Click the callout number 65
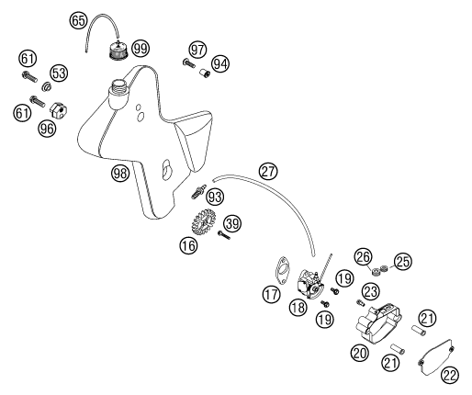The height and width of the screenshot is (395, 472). pyautogui.click(x=78, y=21)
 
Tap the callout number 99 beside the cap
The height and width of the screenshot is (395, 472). pyautogui.click(x=140, y=49)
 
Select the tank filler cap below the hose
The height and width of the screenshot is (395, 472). pyautogui.click(x=118, y=51)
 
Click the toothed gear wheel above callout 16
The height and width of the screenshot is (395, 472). pyautogui.click(x=203, y=221)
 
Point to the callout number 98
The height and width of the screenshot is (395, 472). pyautogui.click(x=120, y=174)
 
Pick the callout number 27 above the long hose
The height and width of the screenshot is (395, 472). pyautogui.click(x=268, y=172)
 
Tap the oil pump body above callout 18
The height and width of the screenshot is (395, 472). pyautogui.click(x=310, y=282)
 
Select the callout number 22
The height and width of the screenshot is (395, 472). pyautogui.click(x=450, y=374)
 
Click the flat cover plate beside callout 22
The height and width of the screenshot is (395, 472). pyautogui.click(x=435, y=357)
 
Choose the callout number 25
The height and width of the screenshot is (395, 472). pyautogui.click(x=403, y=262)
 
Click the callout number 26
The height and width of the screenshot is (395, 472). pyautogui.click(x=364, y=257)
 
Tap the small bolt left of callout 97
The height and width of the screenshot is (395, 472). pyautogui.click(x=188, y=63)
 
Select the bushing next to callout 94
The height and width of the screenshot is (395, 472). pyautogui.click(x=204, y=73)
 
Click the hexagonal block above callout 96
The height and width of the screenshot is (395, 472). pyautogui.click(x=59, y=110)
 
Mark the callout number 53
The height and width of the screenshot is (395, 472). pyautogui.click(x=60, y=73)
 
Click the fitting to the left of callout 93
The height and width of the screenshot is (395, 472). pyautogui.click(x=198, y=192)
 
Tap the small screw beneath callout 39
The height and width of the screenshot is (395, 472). pyautogui.click(x=224, y=235)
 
